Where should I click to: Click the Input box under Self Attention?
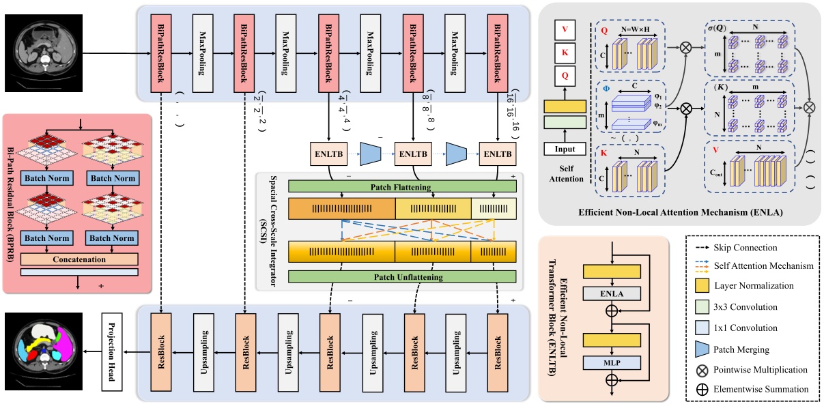(565, 149)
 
